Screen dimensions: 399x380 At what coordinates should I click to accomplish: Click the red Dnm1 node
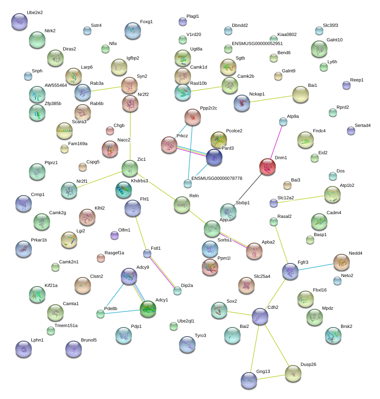[268, 167]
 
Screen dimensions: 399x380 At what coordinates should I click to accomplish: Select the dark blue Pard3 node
[214, 158]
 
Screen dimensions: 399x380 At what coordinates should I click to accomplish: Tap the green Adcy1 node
[148, 309]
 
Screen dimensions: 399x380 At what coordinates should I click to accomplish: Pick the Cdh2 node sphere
[260, 316]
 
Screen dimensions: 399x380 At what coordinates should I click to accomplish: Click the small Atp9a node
[283, 121]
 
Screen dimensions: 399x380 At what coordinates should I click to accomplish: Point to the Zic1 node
[130, 168]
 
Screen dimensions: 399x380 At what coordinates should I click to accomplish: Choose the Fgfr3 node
[290, 271]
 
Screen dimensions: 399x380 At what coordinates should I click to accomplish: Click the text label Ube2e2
[35, 13]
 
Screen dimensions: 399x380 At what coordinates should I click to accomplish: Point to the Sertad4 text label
[363, 125]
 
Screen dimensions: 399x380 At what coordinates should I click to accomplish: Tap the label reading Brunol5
[88, 340]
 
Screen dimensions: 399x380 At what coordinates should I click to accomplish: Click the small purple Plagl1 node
[182, 21]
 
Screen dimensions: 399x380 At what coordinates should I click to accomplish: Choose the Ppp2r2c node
[192, 117]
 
